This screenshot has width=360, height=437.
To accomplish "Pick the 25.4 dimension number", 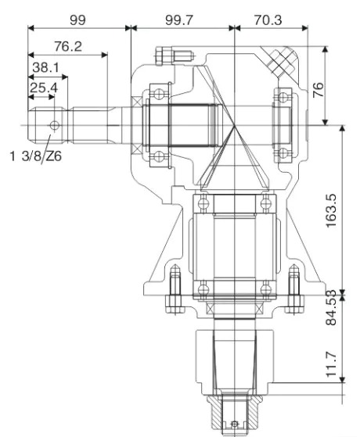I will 43,88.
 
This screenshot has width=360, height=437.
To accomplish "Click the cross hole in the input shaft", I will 53,124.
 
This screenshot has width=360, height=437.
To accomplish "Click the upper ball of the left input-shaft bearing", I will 160,93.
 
